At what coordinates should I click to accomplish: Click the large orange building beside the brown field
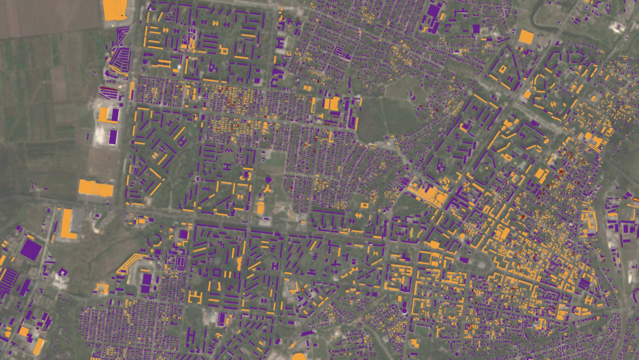click(x=114, y=10)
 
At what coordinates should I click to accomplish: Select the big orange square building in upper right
click(x=526, y=37)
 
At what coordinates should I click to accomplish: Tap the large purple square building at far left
click(x=31, y=249)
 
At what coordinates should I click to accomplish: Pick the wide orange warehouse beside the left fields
click(x=96, y=188)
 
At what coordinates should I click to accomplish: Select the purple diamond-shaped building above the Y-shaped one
click(x=268, y=179)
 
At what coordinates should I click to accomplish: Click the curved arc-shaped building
click(x=155, y=240)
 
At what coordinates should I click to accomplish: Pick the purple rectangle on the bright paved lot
click(x=113, y=137)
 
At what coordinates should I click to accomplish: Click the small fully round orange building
click(x=461, y=236)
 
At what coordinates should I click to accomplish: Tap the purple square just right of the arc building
click(x=184, y=234)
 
